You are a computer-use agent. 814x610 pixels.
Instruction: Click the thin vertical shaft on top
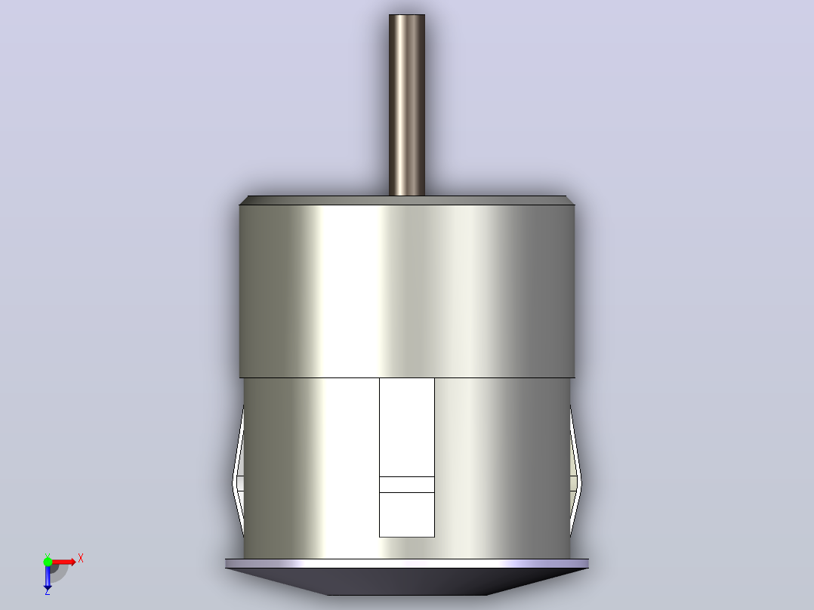pos(407,105)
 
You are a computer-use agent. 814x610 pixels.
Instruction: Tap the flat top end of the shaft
pos(407,15)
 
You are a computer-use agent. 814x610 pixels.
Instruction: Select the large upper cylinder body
pos(407,291)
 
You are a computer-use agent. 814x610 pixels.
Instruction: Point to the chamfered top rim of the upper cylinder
pos(407,200)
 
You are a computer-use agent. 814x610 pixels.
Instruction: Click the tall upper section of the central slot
pos(407,427)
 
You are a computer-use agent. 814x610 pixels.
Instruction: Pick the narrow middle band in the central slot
pos(407,485)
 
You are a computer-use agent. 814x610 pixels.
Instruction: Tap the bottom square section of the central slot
pos(407,514)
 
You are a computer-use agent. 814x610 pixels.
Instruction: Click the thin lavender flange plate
pos(407,563)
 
